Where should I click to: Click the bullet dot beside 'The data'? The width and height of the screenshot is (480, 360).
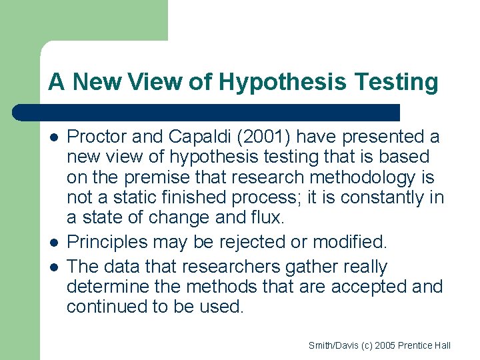point(53,267)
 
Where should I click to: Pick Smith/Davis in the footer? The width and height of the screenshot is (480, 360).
point(331,345)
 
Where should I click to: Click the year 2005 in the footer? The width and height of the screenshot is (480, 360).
point(385,345)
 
